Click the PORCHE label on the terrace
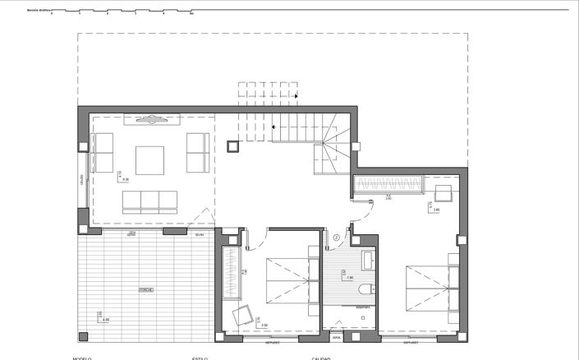point(145,290)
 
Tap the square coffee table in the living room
point(149,159)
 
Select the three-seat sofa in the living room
point(150,202)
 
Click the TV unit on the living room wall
point(152,120)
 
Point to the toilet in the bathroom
point(367,288)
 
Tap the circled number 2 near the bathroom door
point(337,239)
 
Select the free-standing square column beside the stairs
point(233,147)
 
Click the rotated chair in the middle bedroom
point(243,315)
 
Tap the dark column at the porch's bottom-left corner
point(83,337)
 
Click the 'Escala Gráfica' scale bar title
point(38,11)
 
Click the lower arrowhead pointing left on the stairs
point(273,127)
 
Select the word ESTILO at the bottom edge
point(200,358)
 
